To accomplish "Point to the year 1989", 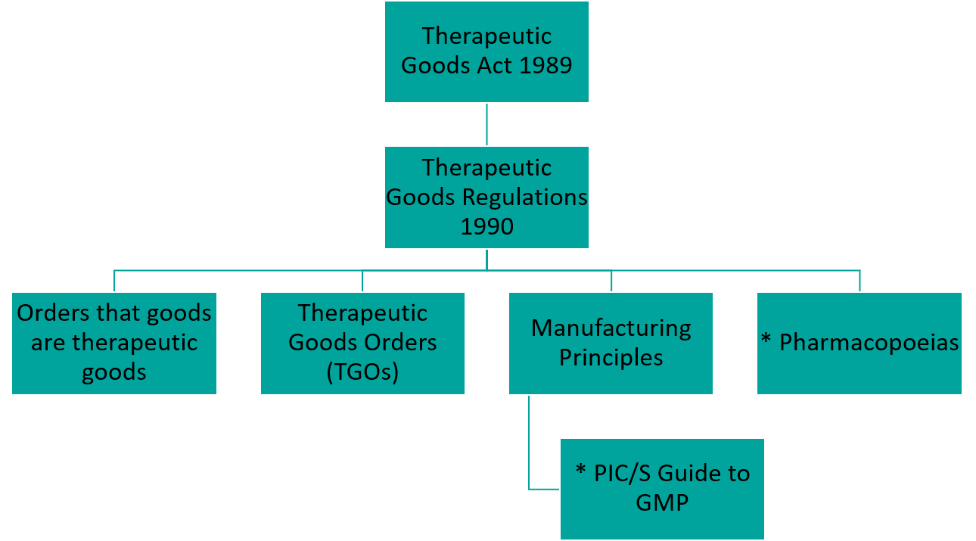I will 546,66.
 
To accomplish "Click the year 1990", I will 486,226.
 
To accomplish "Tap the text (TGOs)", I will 362,372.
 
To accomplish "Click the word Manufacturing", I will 611,328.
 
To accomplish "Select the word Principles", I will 611,357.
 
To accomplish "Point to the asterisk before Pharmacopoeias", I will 766,340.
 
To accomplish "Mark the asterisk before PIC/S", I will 581,471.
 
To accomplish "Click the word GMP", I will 662,502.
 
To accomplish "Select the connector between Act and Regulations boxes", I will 486,124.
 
